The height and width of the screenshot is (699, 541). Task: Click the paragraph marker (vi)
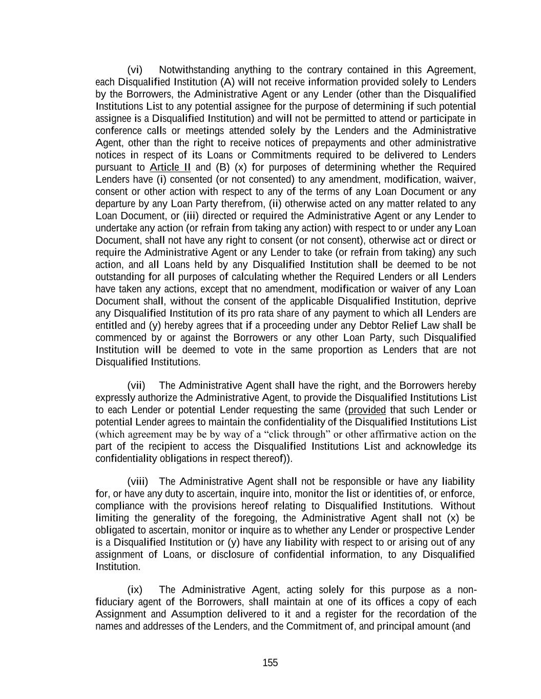135,70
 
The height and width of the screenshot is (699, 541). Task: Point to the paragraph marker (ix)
135,590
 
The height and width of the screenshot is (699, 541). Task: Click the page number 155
270,663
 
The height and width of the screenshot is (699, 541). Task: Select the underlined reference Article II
170,167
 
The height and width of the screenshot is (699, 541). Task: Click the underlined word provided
367,410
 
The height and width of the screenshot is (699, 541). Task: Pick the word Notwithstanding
194,70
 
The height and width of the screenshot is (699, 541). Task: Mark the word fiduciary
115,602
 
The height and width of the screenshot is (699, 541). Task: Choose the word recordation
419,615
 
